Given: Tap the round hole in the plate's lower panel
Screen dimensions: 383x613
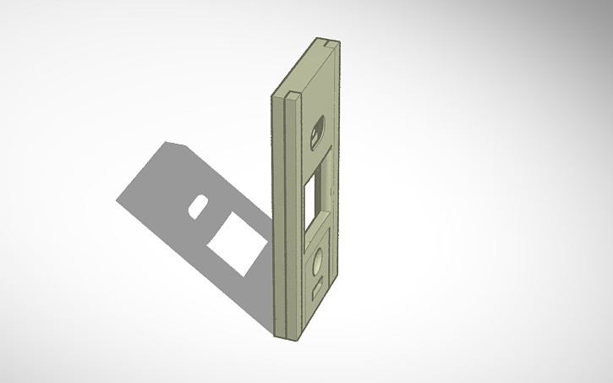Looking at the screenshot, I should pos(318,264).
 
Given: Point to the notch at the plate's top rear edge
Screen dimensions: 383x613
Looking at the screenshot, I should pos(328,41).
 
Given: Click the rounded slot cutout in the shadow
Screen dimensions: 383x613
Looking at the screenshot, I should pos(200,205).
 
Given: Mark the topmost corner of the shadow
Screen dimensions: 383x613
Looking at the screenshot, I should pos(166,142).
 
